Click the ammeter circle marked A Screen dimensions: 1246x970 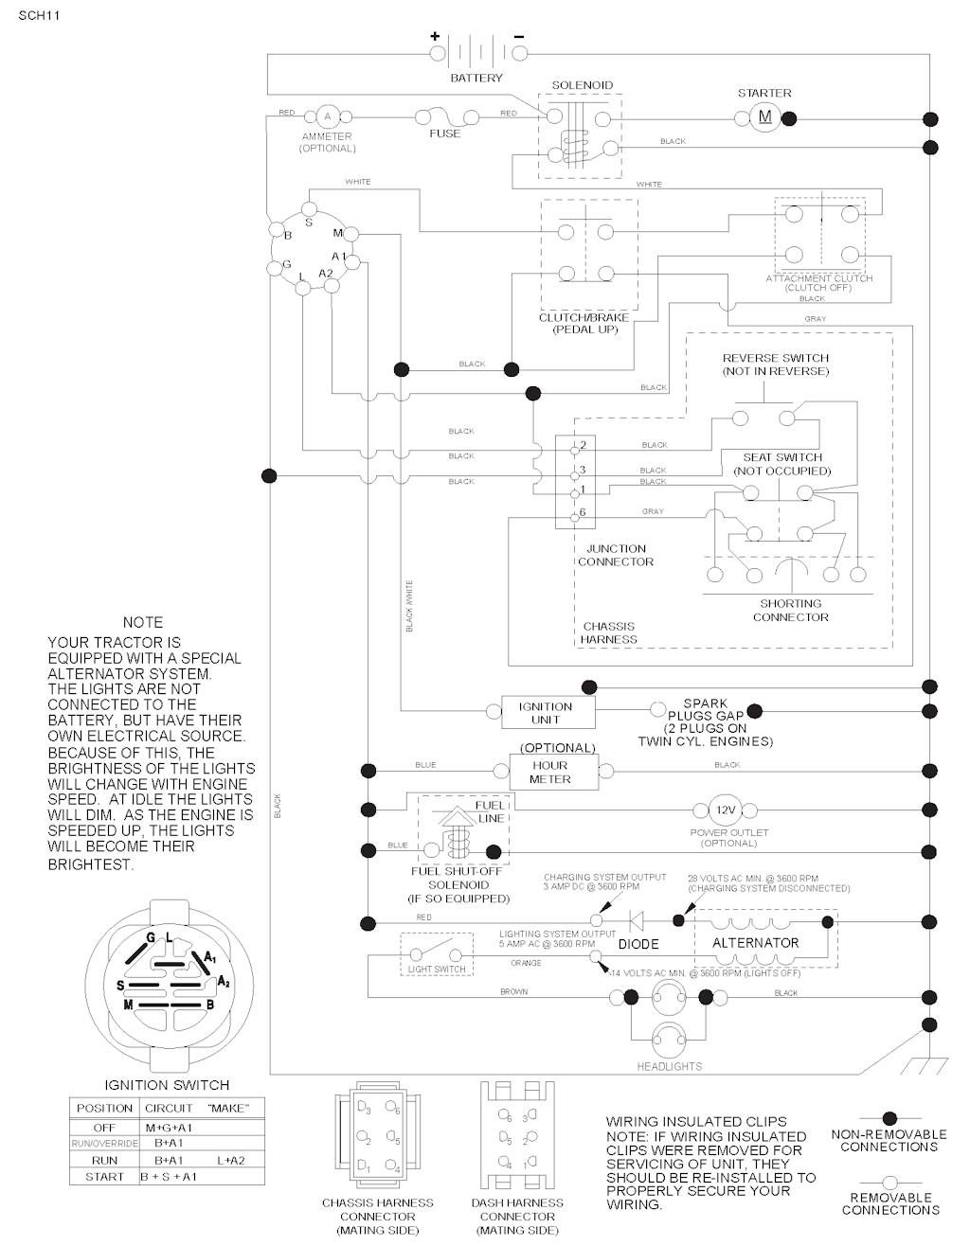tap(328, 116)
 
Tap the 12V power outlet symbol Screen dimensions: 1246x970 tap(726, 810)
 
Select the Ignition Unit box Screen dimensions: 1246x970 tap(545, 712)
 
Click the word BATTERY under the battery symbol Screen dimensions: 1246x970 tap(476, 78)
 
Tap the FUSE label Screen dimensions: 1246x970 tap(445, 133)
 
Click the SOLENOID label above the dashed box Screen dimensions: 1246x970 tap(583, 85)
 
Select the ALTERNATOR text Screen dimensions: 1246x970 tap(755, 943)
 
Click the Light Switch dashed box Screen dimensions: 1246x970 tap(437, 954)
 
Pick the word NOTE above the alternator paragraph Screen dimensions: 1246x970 tap(143, 622)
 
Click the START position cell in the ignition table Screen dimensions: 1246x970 tap(104, 1177)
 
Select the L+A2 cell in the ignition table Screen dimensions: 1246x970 tap(230, 1160)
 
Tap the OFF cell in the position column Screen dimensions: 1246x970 tap(104, 1128)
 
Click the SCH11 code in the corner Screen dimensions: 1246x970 tap(36, 15)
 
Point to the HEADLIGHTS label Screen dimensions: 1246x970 tap(670, 1066)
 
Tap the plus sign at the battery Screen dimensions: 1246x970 tap(436, 36)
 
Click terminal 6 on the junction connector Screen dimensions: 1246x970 tap(575, 515)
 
